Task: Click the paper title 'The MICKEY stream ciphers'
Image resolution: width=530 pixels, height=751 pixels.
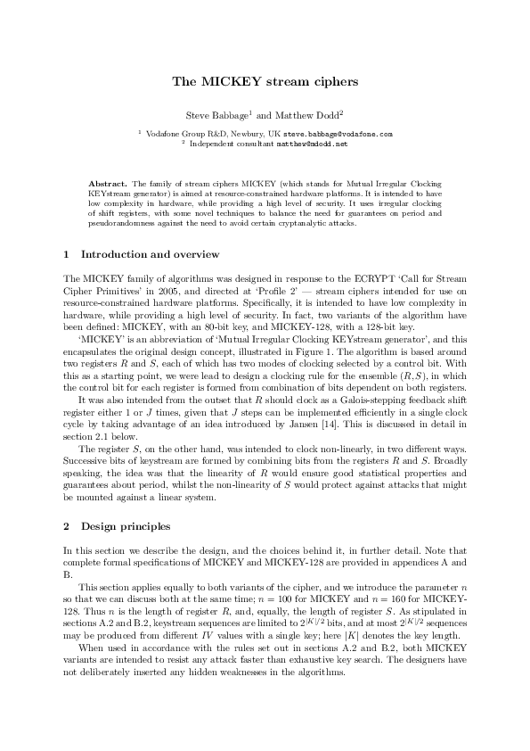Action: [x=265, y=82]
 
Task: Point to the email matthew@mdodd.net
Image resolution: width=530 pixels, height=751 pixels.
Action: [x=311, y=143]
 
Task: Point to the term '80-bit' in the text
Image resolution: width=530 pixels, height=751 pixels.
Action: [x=241, y=326]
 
